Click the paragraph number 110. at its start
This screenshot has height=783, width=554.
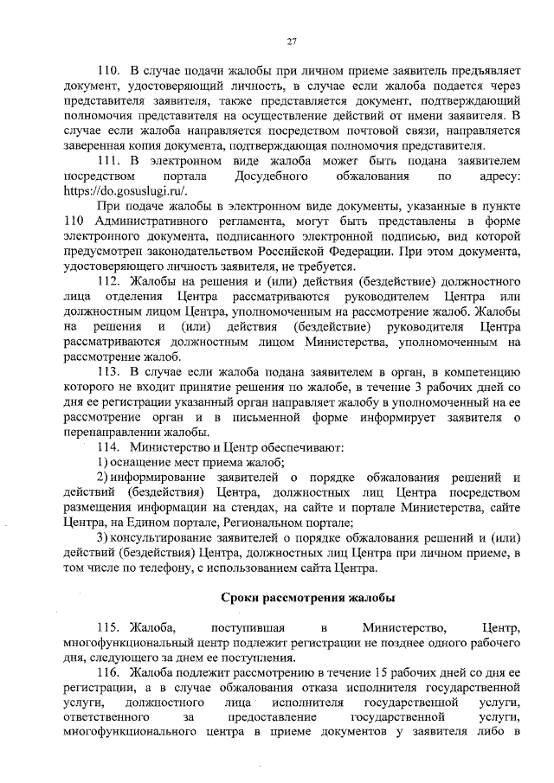[x=107, y=68]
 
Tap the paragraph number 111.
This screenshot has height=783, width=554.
[x=108, y=161]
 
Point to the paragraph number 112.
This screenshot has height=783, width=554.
[x=108, y=282]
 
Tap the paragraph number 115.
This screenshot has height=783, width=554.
[x=107, y=626]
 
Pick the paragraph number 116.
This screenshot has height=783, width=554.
[x=107, y=671]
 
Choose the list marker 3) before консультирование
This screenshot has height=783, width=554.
[x=101, y=538]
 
